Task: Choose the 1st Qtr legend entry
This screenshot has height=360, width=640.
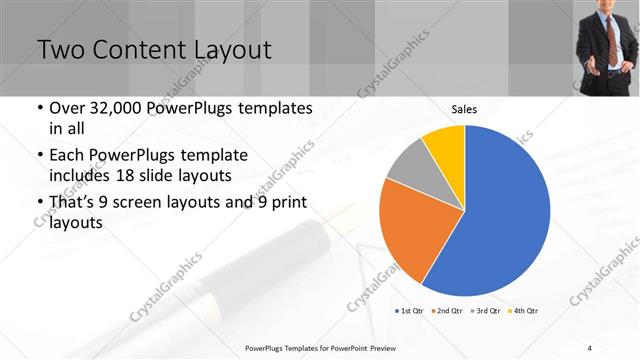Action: (x=408, y=312)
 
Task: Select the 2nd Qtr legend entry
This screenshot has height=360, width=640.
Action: (x=446, y=312)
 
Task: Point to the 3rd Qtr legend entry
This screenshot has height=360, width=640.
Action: (x=484, y=312)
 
